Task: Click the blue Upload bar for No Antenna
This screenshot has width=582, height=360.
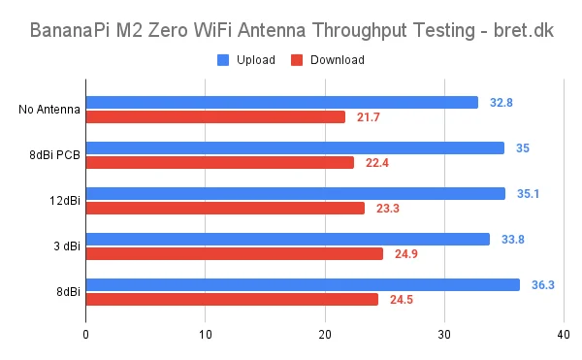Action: pyautogui.click(x=281, y=102)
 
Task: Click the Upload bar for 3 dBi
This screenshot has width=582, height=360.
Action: pyautogui.click(x=288, y=239)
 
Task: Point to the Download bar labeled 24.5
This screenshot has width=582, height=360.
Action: pyautogui.click(x=232, y=299)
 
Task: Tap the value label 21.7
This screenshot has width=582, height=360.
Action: pyautogui.click(x=369, y=117)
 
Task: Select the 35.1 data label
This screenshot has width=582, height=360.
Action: pyautogui.click(x=528, y=194)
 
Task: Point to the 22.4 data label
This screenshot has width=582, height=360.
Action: pyautogui.click(x=376, y=163)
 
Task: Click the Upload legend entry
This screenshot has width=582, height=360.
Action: pyautogui.click(x=247, y=60)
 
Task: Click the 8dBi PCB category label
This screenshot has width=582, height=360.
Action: pyautogui.click(x=55, y=155)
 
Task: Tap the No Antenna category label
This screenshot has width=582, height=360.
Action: pyautogui.click(x=49, y=110)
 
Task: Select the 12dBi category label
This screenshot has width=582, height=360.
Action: pyautogui.click(x=65, y=201)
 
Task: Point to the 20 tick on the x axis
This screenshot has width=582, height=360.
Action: pyautogui.click(x=325, y=336)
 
